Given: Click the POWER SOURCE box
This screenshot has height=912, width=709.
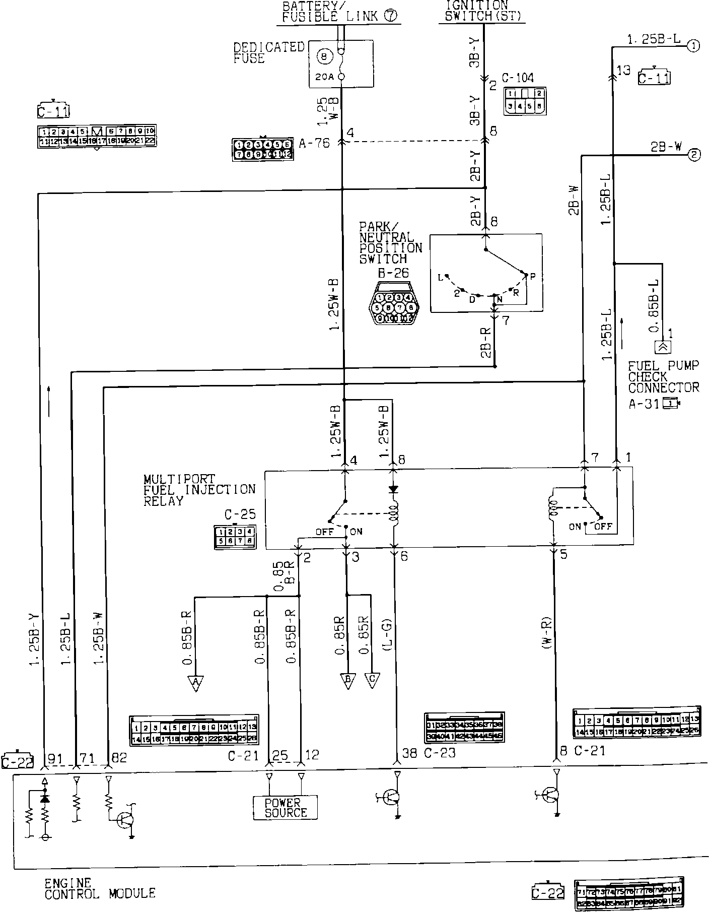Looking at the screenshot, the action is click(x=286, y=808).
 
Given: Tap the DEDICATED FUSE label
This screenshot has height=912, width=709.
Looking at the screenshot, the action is click(x=269, y=53).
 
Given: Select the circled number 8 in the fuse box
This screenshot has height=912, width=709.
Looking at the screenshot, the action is click(x=324, y=57).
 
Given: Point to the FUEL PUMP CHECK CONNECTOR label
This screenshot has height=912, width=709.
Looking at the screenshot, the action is click(x=664, y=377).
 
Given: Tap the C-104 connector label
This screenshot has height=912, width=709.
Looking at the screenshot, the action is click(x=518, y=78).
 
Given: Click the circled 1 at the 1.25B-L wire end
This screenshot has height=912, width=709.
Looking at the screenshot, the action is click(x=693, y=46).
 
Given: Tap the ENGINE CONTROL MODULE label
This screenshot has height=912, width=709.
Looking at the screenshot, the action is click(x=100, y=888).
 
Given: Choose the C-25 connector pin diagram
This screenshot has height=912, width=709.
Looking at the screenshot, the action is click(x=235, y=537).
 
